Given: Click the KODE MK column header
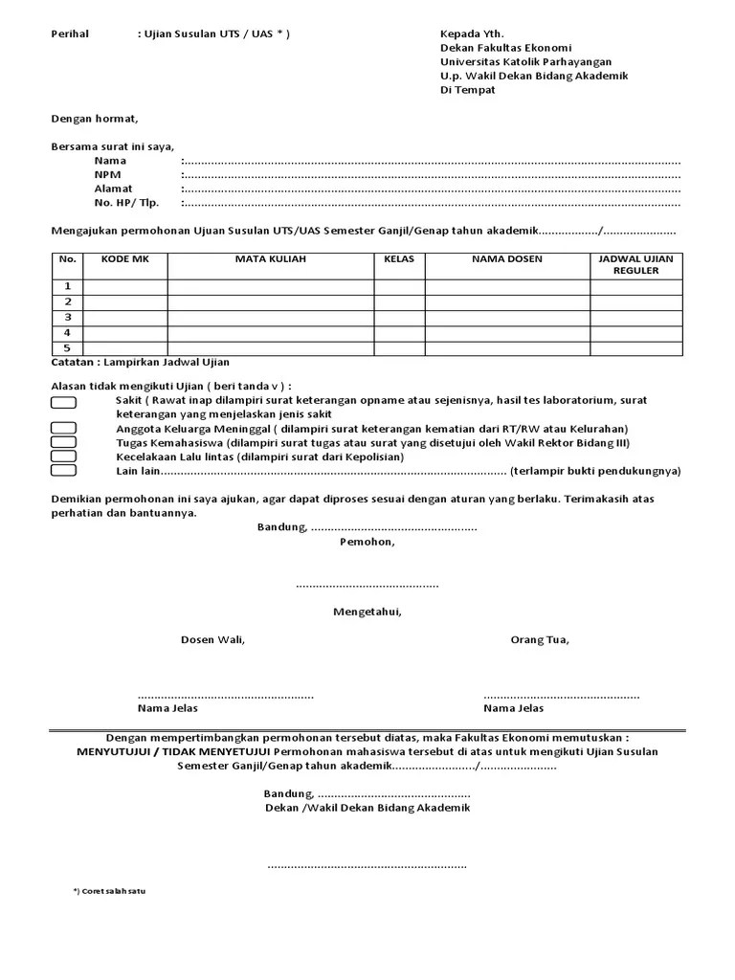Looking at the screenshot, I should (x=125, y=259).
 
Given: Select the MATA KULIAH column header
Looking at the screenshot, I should (x=270, y=259).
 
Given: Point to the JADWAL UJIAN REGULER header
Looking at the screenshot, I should (x=635, y=265).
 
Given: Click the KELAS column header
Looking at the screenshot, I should (x=398, y=259).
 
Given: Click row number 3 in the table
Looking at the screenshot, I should (x=67, y=317).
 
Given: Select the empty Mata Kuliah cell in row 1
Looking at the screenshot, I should (x=270, y=286).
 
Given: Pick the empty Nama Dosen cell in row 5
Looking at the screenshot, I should (x=506, y=347).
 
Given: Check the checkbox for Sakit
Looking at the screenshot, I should (x=63, y=402).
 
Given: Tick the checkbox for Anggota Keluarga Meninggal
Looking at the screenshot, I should (x=63, y=428).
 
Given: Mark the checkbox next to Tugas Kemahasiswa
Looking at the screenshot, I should (x=63, y=442).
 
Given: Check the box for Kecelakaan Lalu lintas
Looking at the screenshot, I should (x=63, y=457).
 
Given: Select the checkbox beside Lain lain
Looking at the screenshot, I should (x=63, y=471).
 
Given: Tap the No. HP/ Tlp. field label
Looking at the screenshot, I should (x=125, y=203).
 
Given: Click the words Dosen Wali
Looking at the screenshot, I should (x=212, y=639).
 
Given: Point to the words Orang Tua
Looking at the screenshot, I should (x=540, y=639).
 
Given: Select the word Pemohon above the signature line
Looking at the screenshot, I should (x=367, y=542).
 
